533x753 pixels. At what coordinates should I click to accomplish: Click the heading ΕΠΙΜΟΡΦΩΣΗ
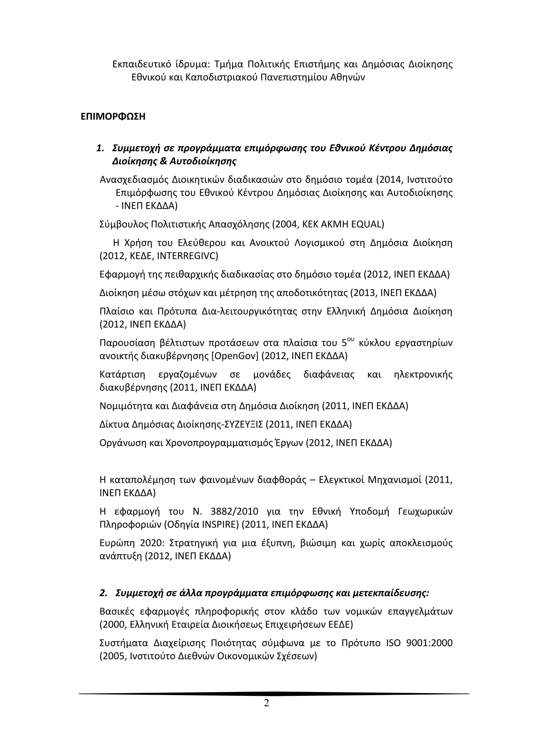[x=113, y=117]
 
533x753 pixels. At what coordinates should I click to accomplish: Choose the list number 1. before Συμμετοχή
[x=100, y=148]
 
